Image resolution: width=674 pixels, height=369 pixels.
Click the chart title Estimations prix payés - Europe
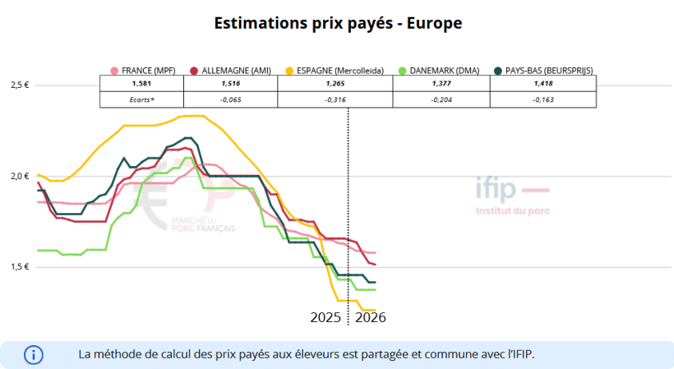pos(338,23)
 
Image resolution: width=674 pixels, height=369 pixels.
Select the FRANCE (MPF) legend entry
pos(142,71)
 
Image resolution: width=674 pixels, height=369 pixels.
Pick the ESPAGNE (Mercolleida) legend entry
pos(333,71)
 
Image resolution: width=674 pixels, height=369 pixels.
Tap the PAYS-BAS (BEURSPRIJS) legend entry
pos(543,71)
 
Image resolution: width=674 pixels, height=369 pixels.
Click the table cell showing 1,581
pos(141,84)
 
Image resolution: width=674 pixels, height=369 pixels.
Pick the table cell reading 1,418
pos(543,84)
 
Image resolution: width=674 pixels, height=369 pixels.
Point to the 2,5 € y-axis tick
pos(20,85)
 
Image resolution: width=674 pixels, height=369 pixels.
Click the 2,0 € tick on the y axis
pos(20,176)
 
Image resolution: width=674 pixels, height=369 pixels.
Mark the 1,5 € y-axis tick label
pos(20,267)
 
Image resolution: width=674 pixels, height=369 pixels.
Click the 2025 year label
pos(325,317)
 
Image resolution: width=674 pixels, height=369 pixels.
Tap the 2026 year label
pos(371,317)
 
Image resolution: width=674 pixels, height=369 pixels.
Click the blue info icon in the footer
pos(34,355)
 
